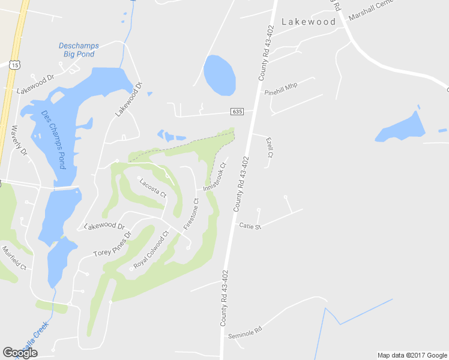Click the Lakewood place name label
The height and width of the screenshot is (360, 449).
coord(309,22)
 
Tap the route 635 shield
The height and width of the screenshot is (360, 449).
coord(237,112)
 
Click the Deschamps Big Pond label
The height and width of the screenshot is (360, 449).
coord(79,50)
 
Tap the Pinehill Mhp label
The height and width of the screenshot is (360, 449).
coord(281,87)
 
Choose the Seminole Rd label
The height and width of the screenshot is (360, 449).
coord(245,333)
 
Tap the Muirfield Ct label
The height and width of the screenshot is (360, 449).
coord(14,257)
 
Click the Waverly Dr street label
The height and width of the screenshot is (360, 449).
coord(20,140)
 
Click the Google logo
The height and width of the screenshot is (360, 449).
coord(20,352)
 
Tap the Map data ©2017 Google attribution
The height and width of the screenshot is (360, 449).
coord(412,355)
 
